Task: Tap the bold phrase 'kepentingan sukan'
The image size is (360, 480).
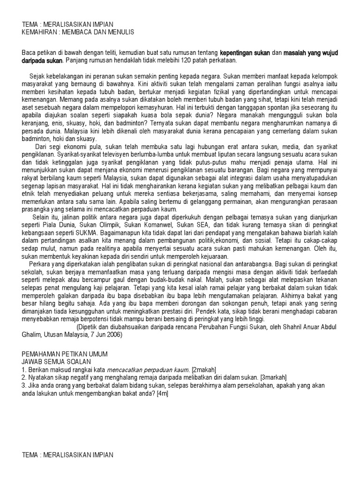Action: point(245,53)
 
